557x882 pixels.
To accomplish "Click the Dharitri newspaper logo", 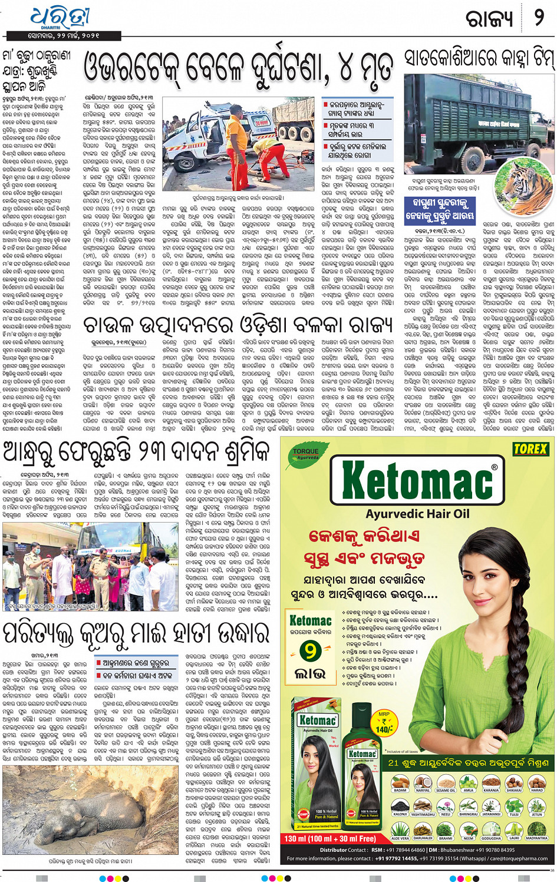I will click(x=60, y=18).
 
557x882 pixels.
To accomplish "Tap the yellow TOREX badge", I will click(x=530, y=449).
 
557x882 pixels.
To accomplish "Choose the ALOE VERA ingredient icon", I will click(x=400, y=830).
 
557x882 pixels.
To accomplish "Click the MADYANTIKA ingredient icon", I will click(x=536, y=830).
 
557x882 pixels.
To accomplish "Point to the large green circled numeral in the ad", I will click(x=310, y=652).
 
